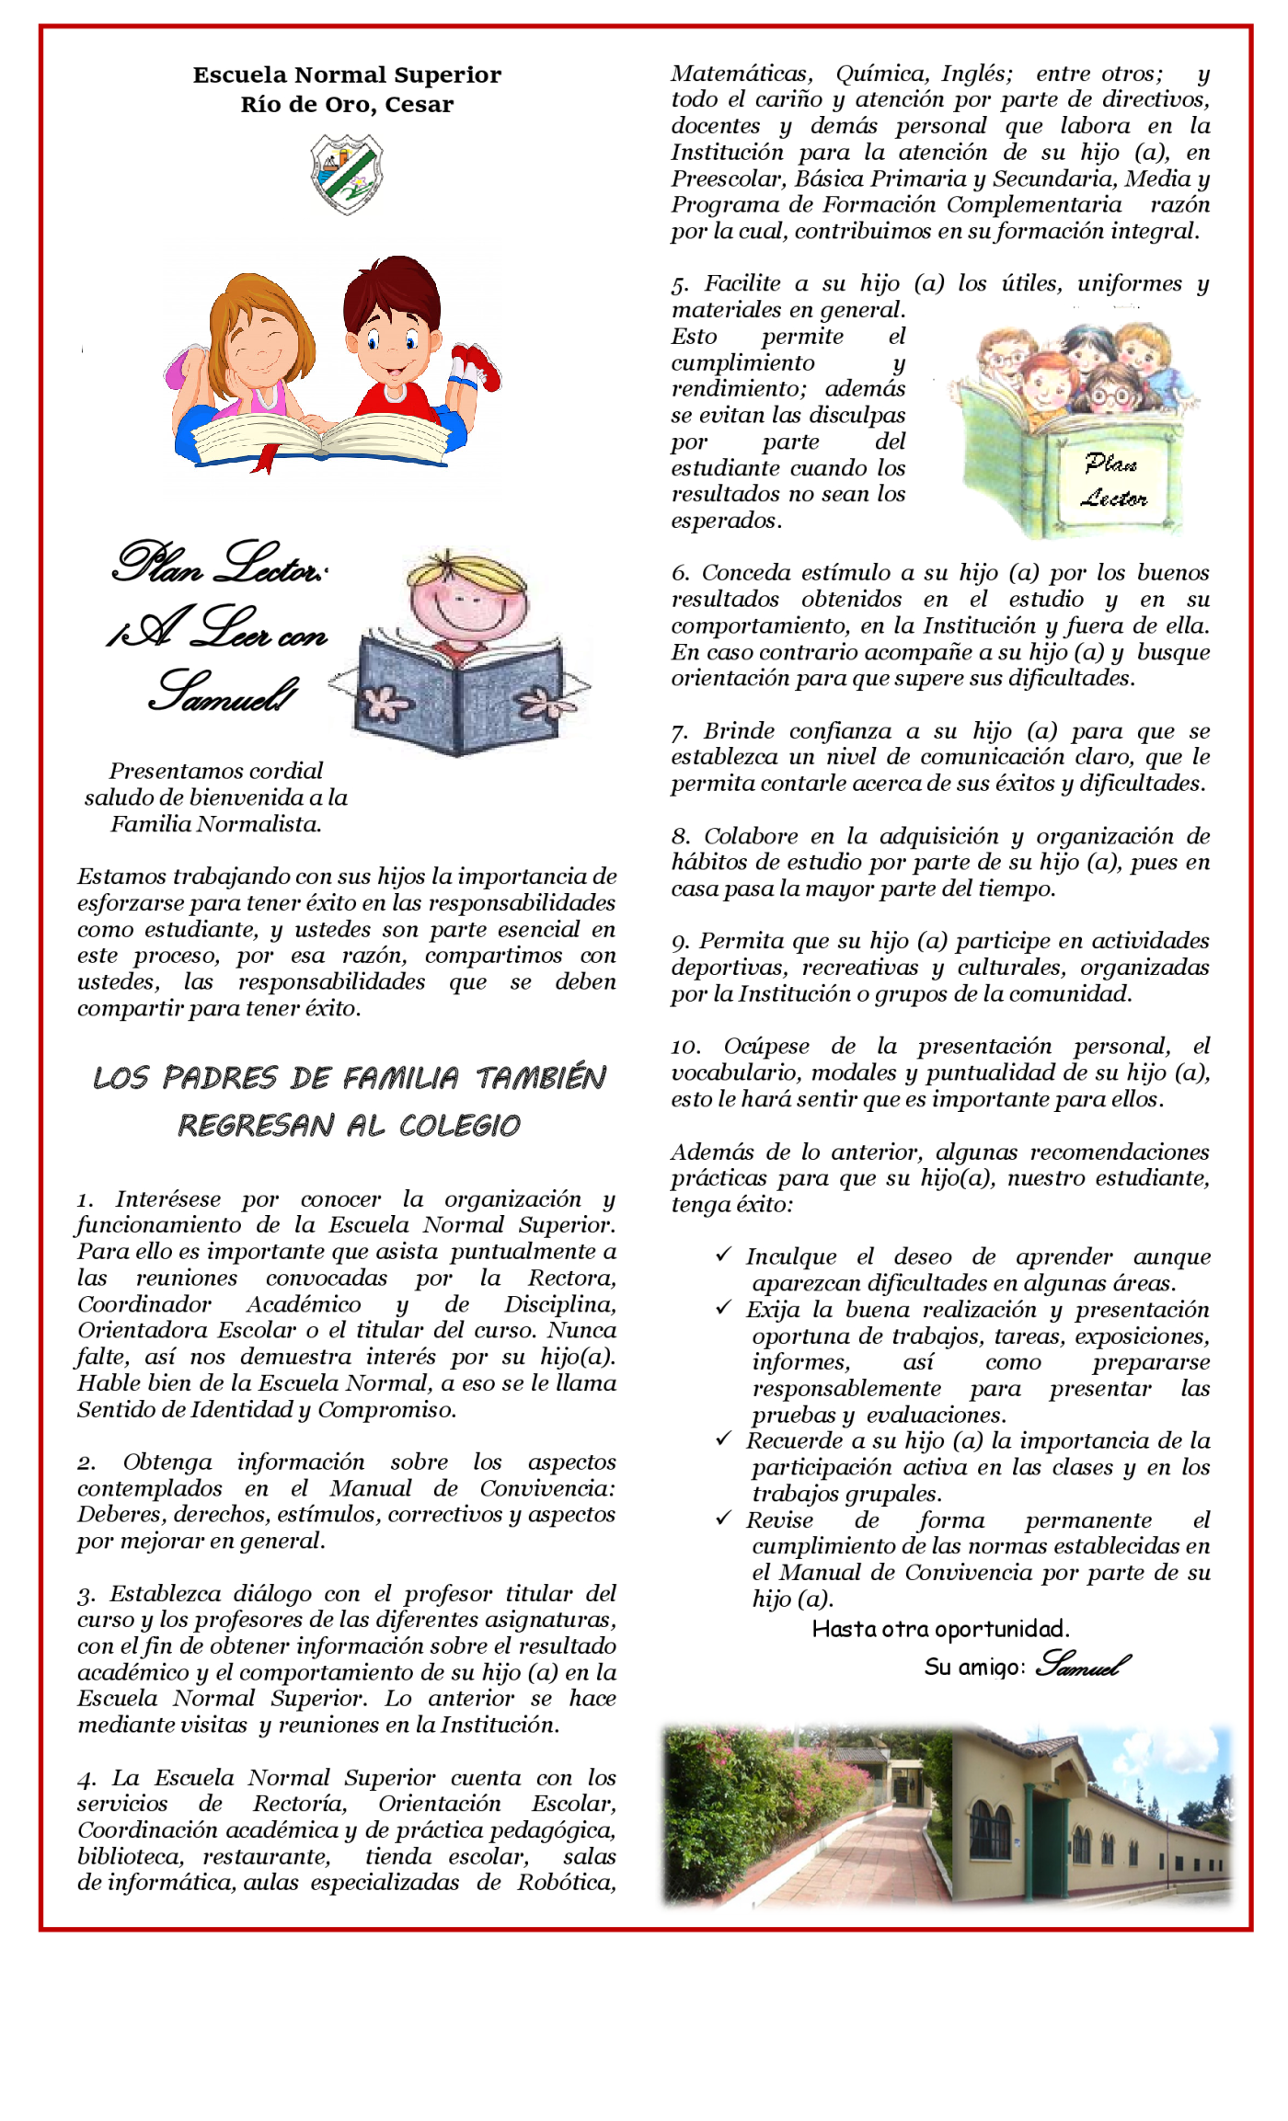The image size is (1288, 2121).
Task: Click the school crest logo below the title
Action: click(347, 174)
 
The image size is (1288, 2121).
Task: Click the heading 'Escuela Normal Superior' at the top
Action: click(347, 75)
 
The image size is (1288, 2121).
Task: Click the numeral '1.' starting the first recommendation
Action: click(86, 1200)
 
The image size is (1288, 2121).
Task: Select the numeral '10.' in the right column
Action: click(685, 1047)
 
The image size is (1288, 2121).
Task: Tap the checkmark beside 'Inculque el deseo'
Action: click(724, 1255)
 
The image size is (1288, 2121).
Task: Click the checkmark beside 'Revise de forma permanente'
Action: click(724, 1518)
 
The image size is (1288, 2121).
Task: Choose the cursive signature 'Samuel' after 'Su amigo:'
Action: click(1082, 1664)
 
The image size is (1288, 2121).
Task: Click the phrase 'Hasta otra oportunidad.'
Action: click(940, 1629)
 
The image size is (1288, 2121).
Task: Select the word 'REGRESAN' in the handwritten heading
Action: click(255, 1125)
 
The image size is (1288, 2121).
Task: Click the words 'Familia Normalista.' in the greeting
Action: click(216, 824)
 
